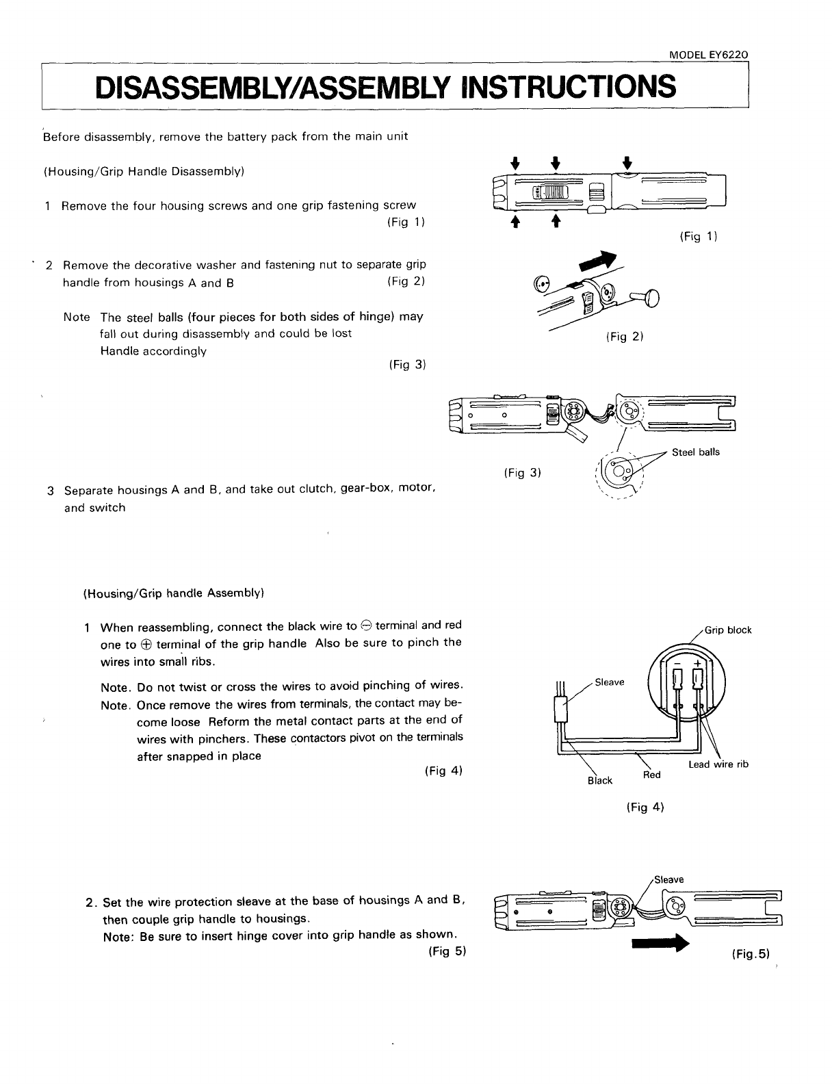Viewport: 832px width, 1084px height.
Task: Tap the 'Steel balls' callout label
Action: [695, 452]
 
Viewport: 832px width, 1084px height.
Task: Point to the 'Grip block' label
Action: [728, 630]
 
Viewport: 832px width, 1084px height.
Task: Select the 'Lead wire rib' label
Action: [718, 764]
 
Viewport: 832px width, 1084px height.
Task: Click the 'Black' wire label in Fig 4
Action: [600, 781]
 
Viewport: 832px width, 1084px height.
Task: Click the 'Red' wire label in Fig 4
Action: [651, 775]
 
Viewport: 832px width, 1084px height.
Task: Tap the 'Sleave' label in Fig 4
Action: [610, 682]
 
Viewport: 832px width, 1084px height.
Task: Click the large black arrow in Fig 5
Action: [658, 944]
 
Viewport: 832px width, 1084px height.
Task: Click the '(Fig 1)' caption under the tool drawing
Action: [698, 237]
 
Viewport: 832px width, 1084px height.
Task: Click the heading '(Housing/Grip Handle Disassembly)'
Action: [144, 171]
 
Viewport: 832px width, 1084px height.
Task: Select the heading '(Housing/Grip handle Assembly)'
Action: [173, 593]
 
